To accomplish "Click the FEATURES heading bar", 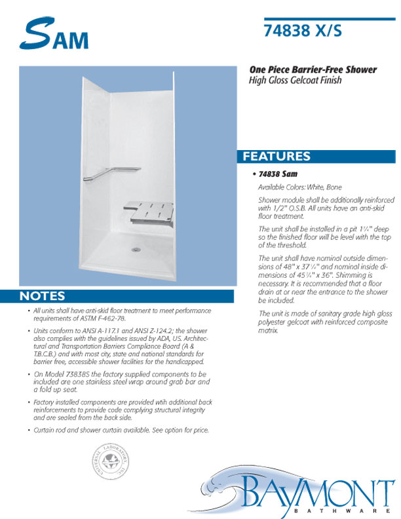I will (318, 157).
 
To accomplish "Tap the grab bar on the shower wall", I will (110, 173).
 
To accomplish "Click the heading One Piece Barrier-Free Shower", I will (311, 70).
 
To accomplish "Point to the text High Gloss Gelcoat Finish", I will (295, 81).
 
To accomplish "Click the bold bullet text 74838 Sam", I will (278, 175).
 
